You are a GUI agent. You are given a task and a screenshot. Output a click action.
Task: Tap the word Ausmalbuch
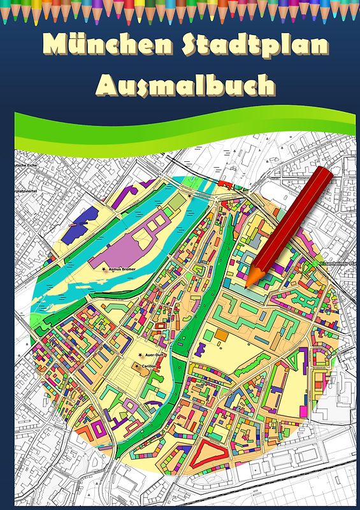(x=185, y=85)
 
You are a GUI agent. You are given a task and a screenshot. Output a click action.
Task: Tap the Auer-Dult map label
(x=154, y=355)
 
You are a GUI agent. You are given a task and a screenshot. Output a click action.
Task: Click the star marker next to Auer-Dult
(x=140, y=355)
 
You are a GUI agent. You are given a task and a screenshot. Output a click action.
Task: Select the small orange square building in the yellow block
(x=220, y=334)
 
